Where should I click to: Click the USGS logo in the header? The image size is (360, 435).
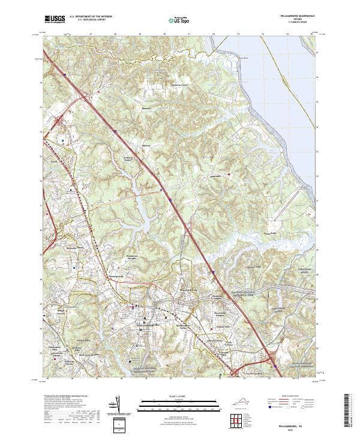(x=54, y=19)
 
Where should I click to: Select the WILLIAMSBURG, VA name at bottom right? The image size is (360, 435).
(x=298, y=424)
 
